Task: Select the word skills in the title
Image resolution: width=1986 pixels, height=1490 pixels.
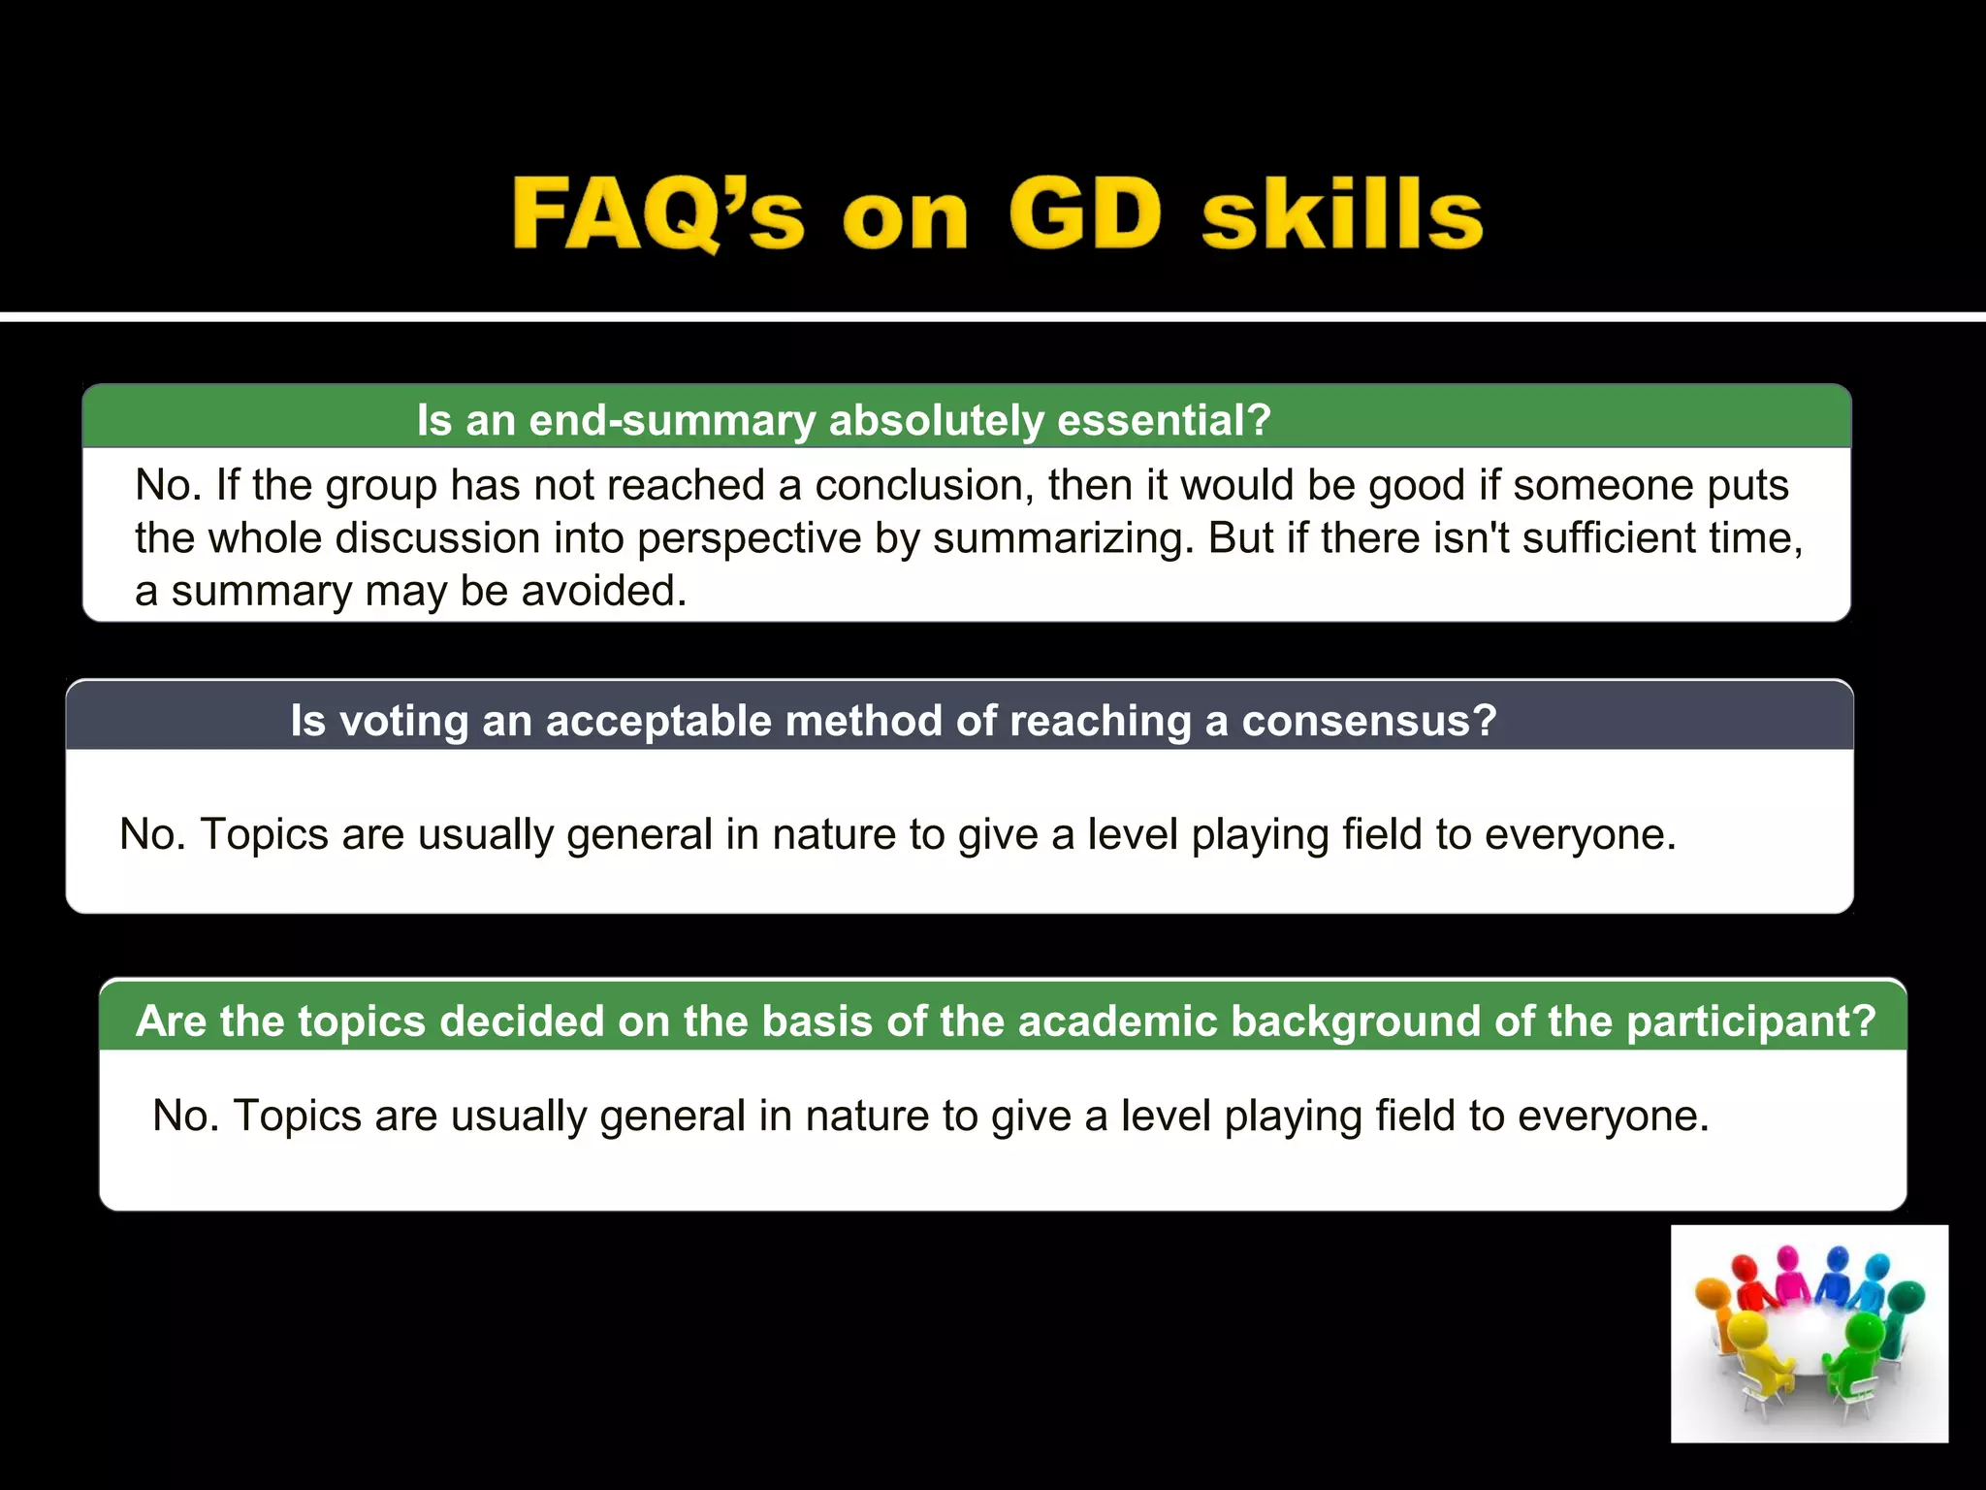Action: point(1342,214)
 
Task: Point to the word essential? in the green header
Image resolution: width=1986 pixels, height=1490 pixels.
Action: point(1164,420)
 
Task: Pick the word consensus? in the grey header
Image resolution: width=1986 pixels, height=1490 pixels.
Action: point(1369,721)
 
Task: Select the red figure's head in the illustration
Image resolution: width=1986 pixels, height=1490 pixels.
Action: point(1745,1269)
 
